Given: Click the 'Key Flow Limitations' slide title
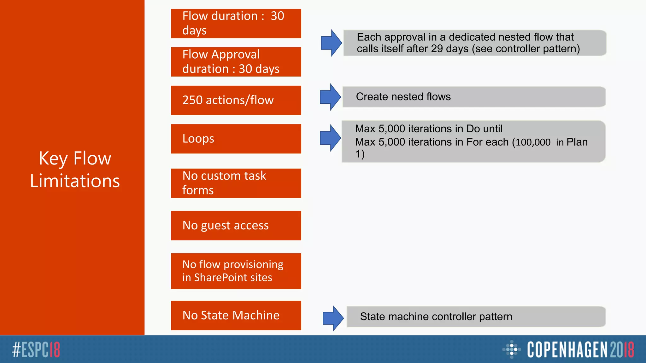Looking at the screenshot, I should [x=75, y=170].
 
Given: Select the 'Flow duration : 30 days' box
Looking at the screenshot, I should [x=236, y=23].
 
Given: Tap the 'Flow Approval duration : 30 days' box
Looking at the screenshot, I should [x=236, y=62].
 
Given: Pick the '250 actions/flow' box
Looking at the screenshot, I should [x=236, y=100].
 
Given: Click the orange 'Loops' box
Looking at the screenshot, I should [x=236, y=139].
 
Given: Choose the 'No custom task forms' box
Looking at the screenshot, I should [x=236, y=183].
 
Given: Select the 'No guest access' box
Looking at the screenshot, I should [x=236, y=226].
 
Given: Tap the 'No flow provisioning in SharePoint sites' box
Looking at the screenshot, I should [x=236, y=271].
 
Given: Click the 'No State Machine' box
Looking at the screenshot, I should [x=236, y=315].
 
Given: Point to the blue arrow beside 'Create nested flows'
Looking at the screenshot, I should [x=330, y=97].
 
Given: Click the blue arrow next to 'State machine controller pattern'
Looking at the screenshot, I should [x=333, y=318].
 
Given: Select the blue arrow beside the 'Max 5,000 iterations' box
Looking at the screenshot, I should [x=330, y=138].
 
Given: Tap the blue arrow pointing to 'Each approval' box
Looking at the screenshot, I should [x=331, y=43].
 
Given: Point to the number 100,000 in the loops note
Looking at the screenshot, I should [x=533, y=142].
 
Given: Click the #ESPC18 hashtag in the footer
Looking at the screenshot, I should [x=36, y=349].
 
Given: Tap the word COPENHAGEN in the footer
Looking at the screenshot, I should [x=567, y=349].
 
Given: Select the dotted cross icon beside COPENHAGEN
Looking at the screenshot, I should [x=511, y=349].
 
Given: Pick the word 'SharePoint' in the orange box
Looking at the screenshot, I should [x=220, y=278].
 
